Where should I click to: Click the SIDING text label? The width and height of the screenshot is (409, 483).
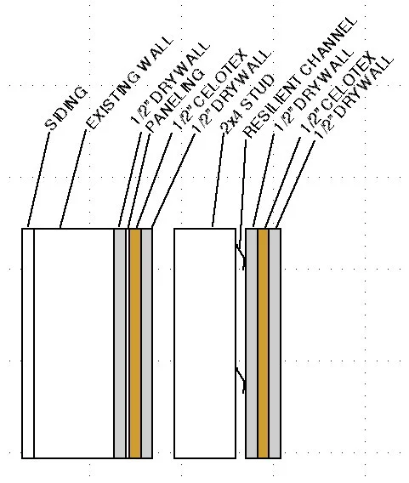pyautogui.click(x=66, y=108)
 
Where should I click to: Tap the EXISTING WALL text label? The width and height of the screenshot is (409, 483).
pyautogui.click(x=129, y=82)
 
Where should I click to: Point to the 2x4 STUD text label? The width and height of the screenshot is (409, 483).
pyautogui.click(x=247, y=104)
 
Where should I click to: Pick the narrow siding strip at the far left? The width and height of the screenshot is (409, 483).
pyautogui.click(x=28, y=344)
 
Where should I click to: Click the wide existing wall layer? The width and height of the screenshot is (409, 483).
pyautogui.click(x=74, y=344)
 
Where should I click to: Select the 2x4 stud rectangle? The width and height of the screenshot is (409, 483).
pyautogui.click(x=205, y=344)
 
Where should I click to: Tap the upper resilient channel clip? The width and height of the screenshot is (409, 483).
pyautogui.click(x=241, y=256)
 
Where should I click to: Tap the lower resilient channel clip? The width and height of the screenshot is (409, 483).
pyautogui.click(x=241, y=379)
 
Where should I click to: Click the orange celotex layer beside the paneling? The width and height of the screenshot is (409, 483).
pyautogui.click(x=135, y=344)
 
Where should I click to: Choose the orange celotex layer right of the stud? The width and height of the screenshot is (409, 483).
pyautogui.click(x=263, y=344)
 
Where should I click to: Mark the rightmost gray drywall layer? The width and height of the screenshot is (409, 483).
pyautogui.click(x=275, y=344)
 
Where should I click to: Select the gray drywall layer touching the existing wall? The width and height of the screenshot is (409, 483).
pyautogui.click(x=120, y=344)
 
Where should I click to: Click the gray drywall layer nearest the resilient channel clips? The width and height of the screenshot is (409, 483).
pyautogui.click(x=252, y=344)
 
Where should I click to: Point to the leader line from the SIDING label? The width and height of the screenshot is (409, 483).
pyautogui.click(x=38, y=179)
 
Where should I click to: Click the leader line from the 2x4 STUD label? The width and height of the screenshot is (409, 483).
pyautogui.click(x=218, y=180)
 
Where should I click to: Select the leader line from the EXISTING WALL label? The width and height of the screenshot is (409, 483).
pyautogui.click(x=73, y=179)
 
